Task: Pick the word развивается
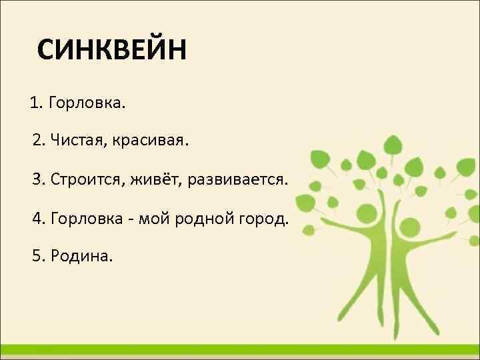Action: click(x=239, y=180)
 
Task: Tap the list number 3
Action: click(x=37, y=180)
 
